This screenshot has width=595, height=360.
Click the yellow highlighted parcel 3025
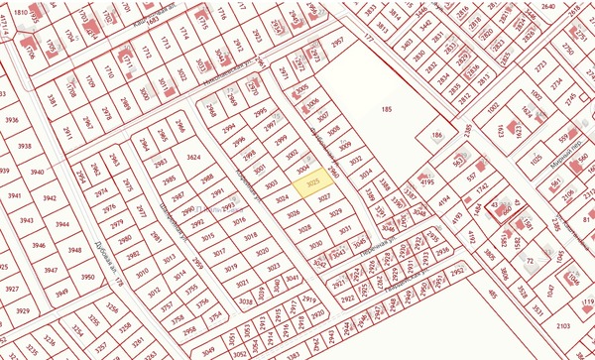click(310, 183)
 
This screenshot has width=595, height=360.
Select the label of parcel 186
click(436, 135)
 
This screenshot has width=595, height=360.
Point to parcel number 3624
click(193, 158)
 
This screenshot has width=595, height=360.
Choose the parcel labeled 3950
click(88, 278)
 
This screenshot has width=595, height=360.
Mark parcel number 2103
click(562, 325)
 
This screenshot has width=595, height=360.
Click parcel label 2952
click(457, 270)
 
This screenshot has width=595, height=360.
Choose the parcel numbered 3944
click(61, 225)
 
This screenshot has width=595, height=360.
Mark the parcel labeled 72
click(532, 261)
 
